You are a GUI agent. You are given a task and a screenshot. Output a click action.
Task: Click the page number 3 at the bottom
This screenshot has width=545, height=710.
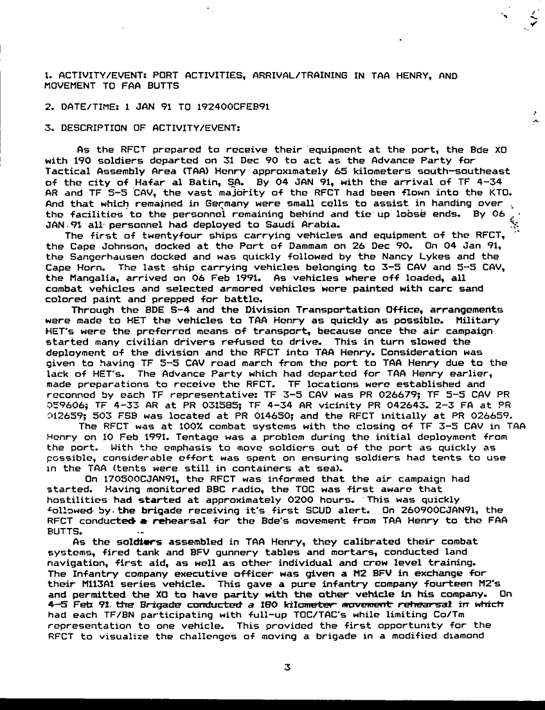point(287,668)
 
